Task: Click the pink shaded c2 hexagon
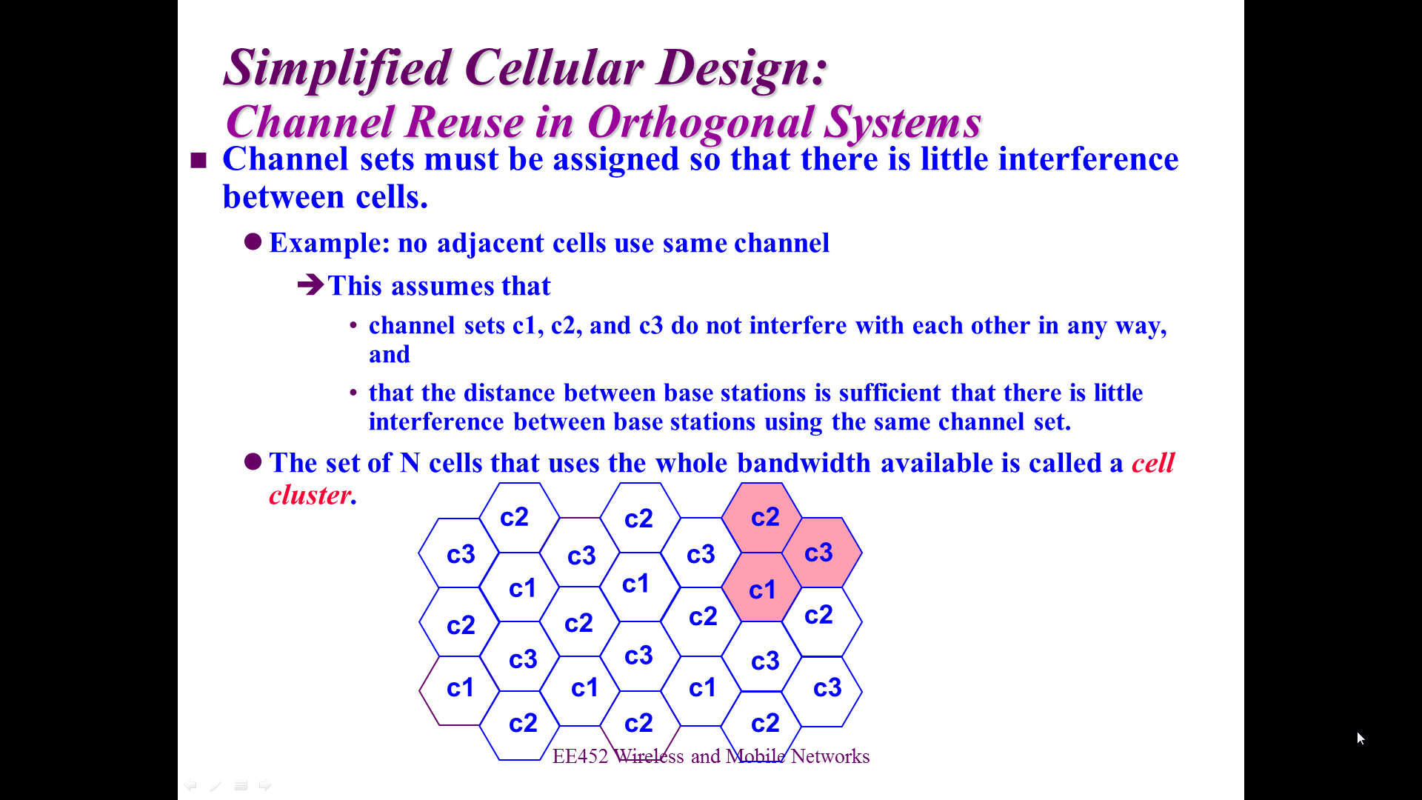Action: pyautogui.click(x=761, y=517)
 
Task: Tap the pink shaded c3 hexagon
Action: pyautogui.click(x=822, y=553)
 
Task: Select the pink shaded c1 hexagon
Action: pyautogui.click(x=761, y=587)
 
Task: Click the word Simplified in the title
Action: pyautogui.click(x=338, y=68)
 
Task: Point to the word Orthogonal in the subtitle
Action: pyautogui.click(x=699, y=122)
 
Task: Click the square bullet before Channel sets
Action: pyautogui.click(x=198, y=160)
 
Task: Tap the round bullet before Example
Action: pyautogui.click(x=253, y=241)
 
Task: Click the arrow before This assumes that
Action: pyautogui.click(x=311, y=284)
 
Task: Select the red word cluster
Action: pyautogui.click(x=310, y=495)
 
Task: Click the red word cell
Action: pyautogui.click(x=1153, y=463)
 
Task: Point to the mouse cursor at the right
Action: pyautogui.click(x=1361, y=738)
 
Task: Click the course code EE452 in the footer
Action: pyautogui.click(x=580, y=756)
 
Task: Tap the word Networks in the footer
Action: pyautogui.click(x=830, y=756)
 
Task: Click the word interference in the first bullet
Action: pyautogui.click(x=1088, y=159)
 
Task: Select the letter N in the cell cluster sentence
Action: pyautogui.click(x=410, y=463)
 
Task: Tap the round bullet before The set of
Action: pyautogui.click(x=253, y=461)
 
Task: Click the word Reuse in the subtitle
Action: pyautogui.click(x=465, y=122)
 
